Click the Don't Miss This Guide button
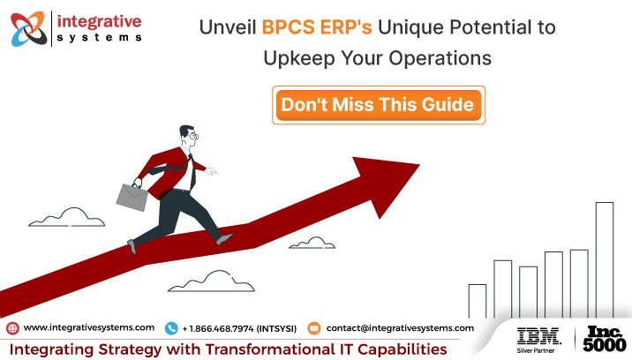(x=377, y=106)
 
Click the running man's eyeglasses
(x=193, y=136)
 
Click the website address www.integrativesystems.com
(x=89, y=327)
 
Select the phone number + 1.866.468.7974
(x=238, y=327)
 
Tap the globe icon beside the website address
(x=12, y=328)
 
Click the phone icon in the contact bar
(x=171, y=328)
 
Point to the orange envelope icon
(x=313, y=328)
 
